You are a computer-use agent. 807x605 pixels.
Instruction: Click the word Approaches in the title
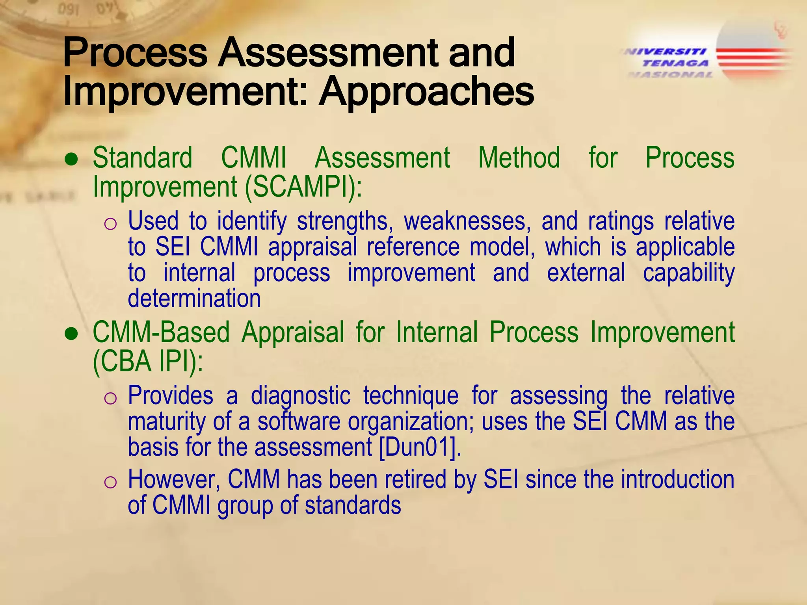coord(426,92)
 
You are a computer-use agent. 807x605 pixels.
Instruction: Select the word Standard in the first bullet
coord(143,158)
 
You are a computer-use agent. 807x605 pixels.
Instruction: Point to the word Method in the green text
coord(519,158)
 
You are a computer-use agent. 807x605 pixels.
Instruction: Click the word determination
coord(194,298)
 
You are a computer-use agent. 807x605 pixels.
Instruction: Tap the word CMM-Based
coord(161,332)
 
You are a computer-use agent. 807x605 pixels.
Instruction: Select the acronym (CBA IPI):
coord(148,361)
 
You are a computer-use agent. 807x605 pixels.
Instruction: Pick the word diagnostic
coord(301,396)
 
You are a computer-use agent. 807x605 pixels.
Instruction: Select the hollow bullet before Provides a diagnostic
coord(110,398)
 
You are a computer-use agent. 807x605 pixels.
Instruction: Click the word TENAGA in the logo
coord(675,63)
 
